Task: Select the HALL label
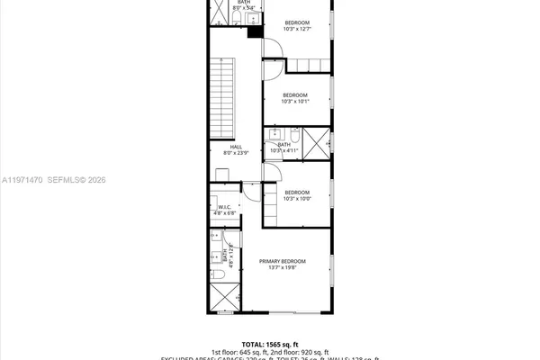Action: pyautogui.click(x=236, y=147)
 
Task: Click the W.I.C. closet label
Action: pyautogui.click(x=224, y=207)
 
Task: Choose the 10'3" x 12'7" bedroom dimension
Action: pyautogui.click(x=296, y=29)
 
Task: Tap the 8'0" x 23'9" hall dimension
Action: pyautogui.click(x=236, y=154)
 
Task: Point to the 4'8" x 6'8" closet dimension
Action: pyautogui.click(x=224, y=214)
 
